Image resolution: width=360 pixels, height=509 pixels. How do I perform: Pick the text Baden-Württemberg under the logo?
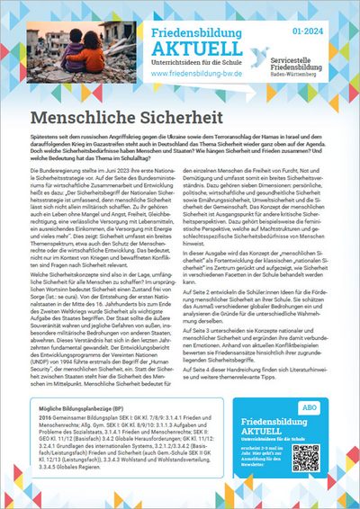coord(318,71)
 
